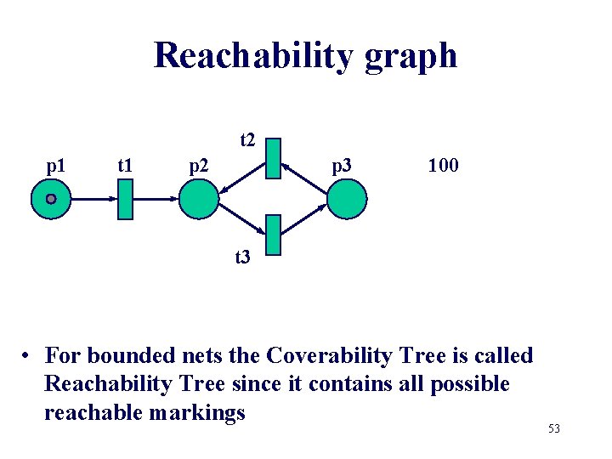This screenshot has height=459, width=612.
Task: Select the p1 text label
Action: tap(57, 165)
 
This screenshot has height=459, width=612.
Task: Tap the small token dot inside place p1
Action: tap(51, 199)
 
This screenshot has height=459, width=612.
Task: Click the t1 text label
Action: tap(125, 165)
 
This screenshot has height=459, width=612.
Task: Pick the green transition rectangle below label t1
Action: tap(125, 199)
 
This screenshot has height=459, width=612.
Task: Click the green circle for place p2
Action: tap(199, 199)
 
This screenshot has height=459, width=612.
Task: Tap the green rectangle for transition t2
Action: tap(273, 157)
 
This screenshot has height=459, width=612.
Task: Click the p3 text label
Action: tap(342, 165)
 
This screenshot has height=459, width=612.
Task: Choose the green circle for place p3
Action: tap(347, 199)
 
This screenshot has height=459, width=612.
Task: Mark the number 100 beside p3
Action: tap(443, 165)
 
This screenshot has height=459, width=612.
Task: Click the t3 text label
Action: tap(243, 256)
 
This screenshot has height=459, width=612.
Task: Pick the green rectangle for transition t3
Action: tap(273, 237)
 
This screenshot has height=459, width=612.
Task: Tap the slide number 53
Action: tap(554, 428)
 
